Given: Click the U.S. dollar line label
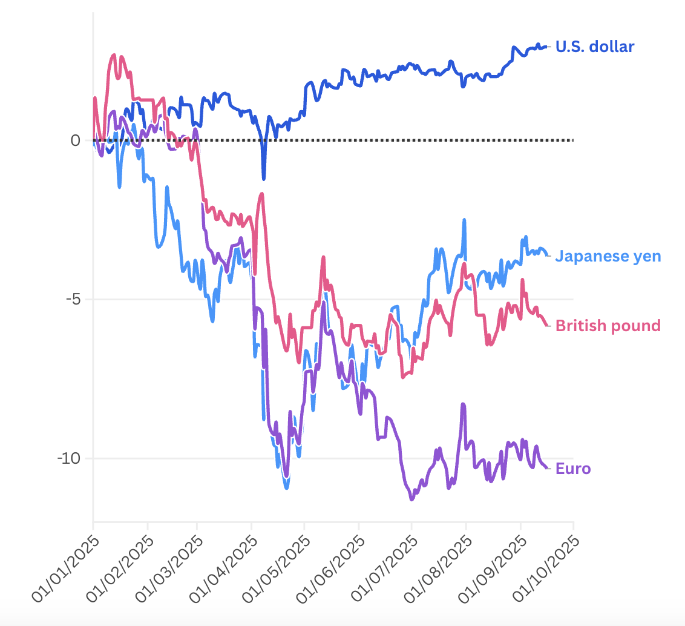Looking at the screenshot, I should coord(595,47).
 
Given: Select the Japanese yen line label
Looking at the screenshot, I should coord(608,256).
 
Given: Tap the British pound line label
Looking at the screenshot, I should coord(608,326).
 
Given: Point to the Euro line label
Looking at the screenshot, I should coord(573,469).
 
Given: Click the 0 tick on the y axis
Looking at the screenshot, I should coord(76,140).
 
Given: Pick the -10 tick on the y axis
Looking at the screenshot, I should coord(70,458).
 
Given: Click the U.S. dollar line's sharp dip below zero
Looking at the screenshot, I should coord(263,178).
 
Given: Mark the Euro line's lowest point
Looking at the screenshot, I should coord(412,499).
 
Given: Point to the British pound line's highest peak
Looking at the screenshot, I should coord(113,55).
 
